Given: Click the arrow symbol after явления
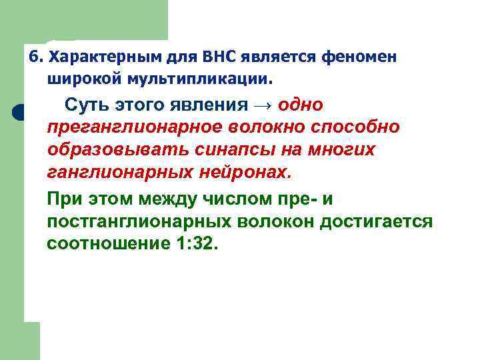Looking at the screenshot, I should [265, 106].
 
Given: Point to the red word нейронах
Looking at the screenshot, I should [245, 173].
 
